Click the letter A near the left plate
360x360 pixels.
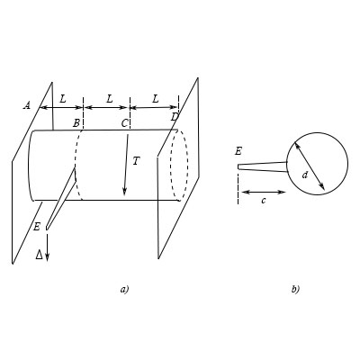(27, 105)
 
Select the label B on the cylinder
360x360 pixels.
(77, 121)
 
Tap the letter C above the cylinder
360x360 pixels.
(126, 121)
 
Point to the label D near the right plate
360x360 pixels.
(174, 118)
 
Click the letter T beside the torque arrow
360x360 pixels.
(136, 160)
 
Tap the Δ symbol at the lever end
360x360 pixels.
(39, 256)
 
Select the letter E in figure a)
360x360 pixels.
(37, 227)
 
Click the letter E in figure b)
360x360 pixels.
(238, 151)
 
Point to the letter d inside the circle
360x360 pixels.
(305, 175)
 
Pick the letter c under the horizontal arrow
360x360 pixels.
(263, 200)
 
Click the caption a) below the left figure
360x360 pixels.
(125, 289)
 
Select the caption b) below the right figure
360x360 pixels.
(295, 289)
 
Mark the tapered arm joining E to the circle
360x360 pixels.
(264, 165)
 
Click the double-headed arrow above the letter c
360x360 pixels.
(263, 191)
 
